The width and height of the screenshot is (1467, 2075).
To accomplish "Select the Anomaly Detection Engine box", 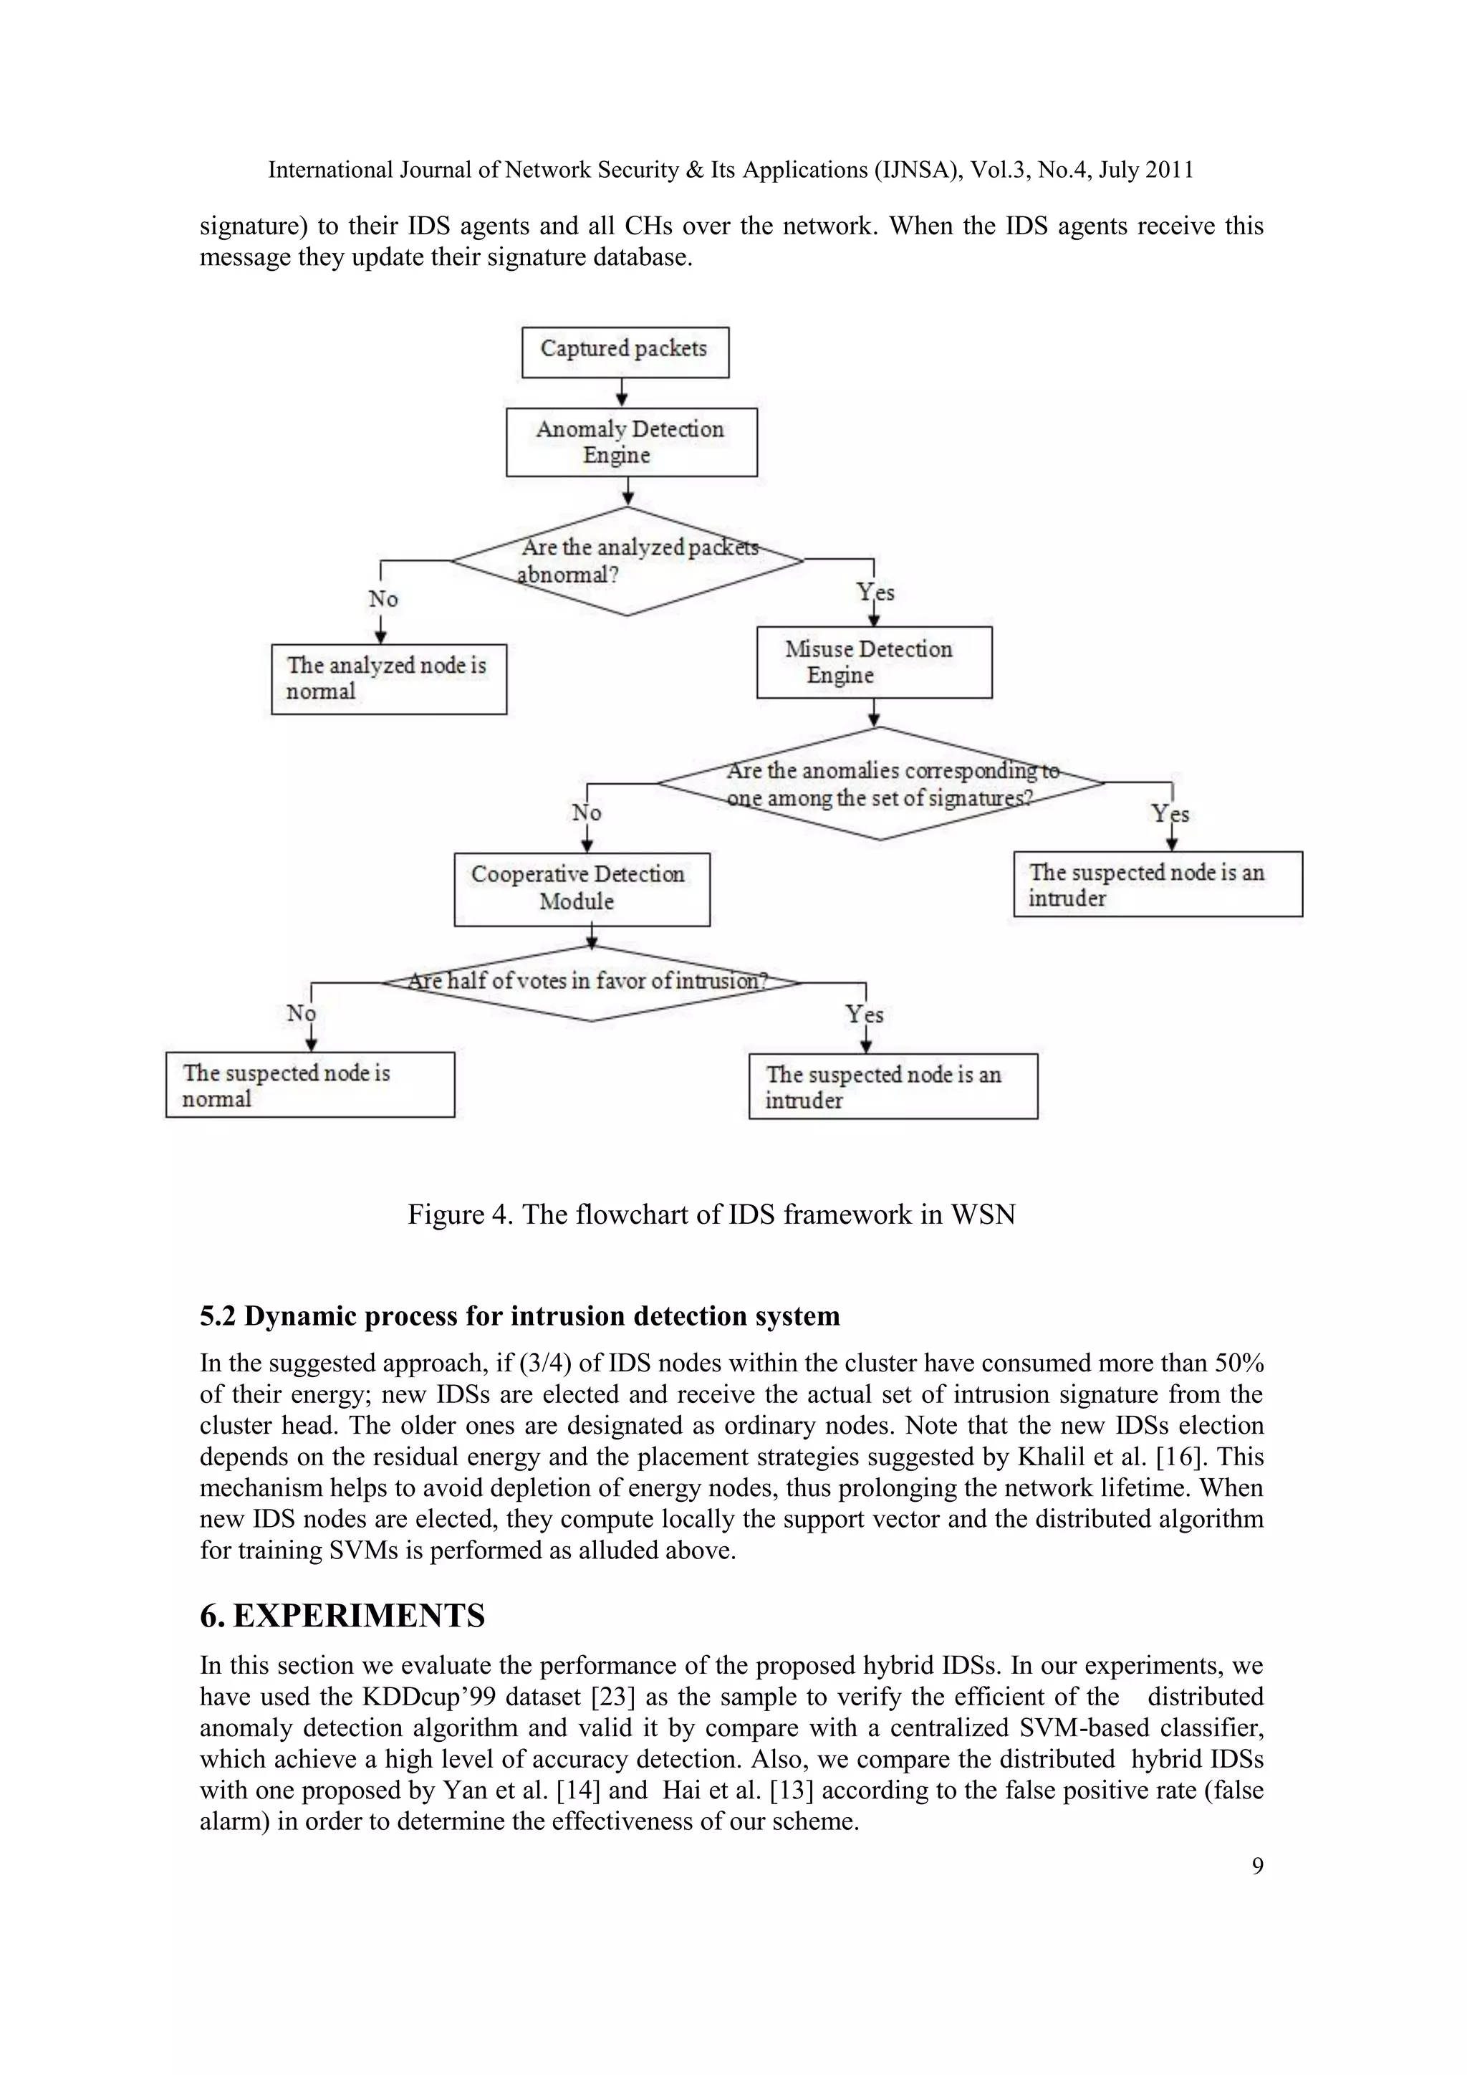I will [x=630, y=442].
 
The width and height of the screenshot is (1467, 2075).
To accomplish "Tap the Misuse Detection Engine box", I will [x=873, y=663].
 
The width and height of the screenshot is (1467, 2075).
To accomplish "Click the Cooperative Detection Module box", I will [x=582, y=888].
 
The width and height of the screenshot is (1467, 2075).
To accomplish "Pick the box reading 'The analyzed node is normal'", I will [x=388, y=679].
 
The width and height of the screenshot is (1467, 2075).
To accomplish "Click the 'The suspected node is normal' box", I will [x=310, y=1085].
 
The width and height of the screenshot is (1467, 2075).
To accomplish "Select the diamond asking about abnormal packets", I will [x=627, y=561].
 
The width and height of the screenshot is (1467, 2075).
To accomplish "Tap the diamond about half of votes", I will [x=591, y=982].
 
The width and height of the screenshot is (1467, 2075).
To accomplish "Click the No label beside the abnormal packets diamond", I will [x=383, y=598].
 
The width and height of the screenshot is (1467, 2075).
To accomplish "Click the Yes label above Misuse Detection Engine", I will [x=875, y=593].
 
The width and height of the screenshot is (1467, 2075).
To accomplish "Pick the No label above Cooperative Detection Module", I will [x=586, y=813].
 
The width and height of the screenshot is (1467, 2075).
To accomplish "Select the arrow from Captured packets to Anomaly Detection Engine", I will [x=622, y=392].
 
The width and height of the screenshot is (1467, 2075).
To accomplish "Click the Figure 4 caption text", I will [x=711, y=1214].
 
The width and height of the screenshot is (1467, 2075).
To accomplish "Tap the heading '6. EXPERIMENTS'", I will [x=342, y=1615].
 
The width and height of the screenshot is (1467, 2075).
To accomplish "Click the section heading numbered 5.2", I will [x=519, y=1315].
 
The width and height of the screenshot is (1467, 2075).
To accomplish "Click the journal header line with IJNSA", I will [x=731, y=170].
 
